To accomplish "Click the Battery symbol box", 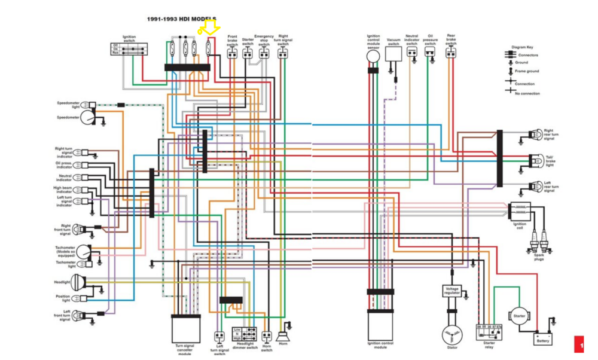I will pos(543,338).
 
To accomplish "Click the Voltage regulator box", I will pos(452,291).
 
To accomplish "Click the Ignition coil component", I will pos(519,211).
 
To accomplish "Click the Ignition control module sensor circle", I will pos(373,56).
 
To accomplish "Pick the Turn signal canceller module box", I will pos(186,328).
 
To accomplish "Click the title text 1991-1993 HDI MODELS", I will pos(182,19).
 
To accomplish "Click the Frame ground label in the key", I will pos(527,71).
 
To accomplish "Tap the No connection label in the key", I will pos(527,93).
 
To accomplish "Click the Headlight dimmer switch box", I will pos(245,334).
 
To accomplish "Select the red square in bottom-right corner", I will pos(579,344).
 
